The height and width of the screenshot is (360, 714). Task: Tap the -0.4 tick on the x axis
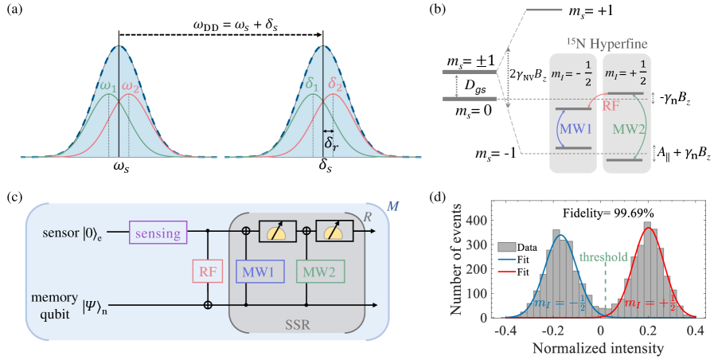503,331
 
